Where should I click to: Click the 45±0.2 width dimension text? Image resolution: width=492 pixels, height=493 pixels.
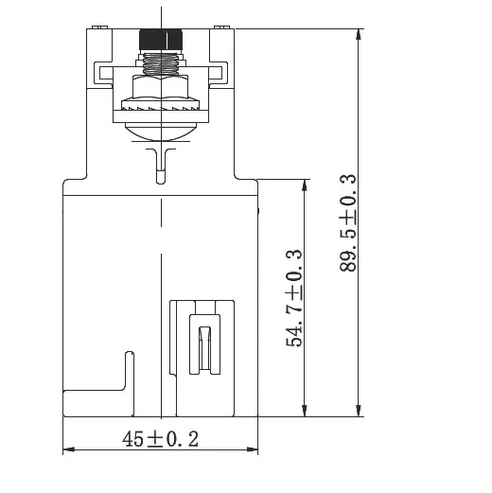click(160, 439)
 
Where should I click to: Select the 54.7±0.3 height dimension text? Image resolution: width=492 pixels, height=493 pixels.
click(294, 298)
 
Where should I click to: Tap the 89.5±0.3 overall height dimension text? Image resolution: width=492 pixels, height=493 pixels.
click(348, 222)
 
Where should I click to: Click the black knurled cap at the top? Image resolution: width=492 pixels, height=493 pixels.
click(161, 40)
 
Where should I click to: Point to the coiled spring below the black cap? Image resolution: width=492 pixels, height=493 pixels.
click(161, 64)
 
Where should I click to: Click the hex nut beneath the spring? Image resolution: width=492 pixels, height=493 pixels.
click(161, 86)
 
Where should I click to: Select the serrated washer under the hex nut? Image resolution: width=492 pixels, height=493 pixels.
click(161, 104)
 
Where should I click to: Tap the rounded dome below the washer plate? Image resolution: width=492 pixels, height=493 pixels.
click(161, 132)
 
